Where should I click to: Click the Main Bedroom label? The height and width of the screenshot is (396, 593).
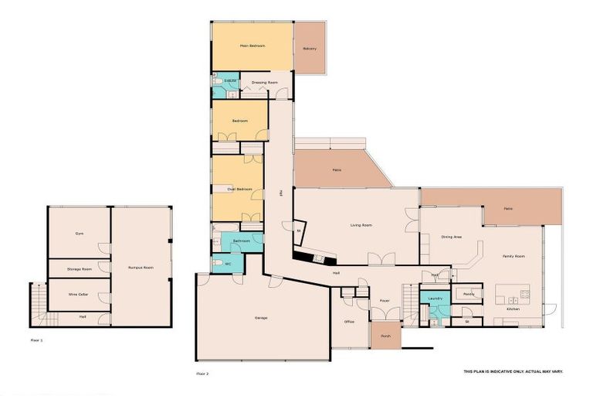pos(252,46)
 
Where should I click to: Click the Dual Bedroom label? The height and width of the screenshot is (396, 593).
pos(239,189)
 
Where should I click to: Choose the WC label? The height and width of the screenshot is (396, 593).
pos(229,265)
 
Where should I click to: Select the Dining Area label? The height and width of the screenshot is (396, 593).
pos(452,237)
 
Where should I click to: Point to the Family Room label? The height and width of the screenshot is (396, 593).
pos(513,255)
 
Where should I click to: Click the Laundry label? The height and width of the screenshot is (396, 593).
pos(434,298)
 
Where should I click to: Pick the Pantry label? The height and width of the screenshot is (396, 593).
pos(468,294)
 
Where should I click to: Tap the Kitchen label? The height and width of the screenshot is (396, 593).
pos(513,309)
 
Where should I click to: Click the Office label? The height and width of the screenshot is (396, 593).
pos(349,322)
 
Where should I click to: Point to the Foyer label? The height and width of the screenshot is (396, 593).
pos(384,300)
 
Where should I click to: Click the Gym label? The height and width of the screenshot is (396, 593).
pos(79,233)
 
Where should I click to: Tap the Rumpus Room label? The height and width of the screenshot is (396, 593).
pos(141,268)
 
